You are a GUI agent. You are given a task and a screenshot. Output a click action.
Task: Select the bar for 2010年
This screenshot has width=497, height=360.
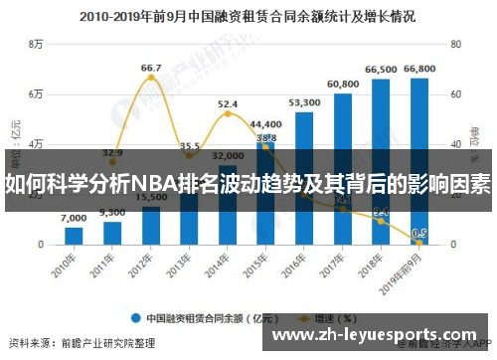point(74,236)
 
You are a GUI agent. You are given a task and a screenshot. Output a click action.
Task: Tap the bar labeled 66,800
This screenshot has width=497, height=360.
point(419,159)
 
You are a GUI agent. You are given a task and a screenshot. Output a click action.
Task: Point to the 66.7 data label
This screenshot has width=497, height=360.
point(150,69)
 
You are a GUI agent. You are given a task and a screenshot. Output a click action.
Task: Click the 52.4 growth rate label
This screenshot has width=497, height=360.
point(228,103)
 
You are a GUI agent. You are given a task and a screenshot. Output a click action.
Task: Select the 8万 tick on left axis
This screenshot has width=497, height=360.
point(37,45)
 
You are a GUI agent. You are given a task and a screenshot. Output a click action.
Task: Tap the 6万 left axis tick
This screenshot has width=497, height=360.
point(37,94)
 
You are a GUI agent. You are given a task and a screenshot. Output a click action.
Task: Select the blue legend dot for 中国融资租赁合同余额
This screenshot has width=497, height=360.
point(134,318)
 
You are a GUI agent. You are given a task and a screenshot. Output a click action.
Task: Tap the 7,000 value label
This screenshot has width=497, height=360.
point(74,219)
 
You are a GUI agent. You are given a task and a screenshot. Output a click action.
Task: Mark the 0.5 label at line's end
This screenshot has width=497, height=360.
point(419,234)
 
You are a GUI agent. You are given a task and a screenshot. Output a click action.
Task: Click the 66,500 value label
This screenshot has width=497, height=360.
point(381,70)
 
